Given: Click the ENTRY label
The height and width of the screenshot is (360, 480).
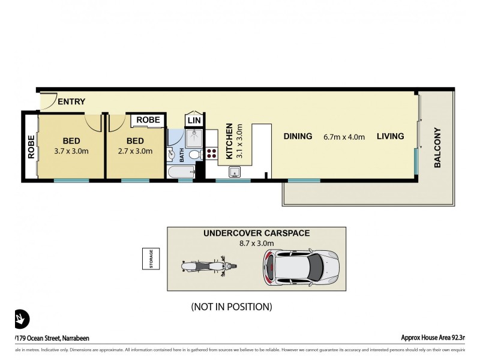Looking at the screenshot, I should [71, 101].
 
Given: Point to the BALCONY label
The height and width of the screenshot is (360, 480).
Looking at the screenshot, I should [437, 147].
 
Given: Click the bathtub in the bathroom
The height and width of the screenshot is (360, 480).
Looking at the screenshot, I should [182, 172].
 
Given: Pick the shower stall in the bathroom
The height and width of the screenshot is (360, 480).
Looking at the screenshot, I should [194, 139].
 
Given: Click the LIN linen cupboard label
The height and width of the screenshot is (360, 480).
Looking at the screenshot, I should [194, 121].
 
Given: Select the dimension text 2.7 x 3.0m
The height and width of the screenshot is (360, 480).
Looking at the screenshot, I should [135, 151].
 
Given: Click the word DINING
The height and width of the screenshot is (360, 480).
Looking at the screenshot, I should [298, 136].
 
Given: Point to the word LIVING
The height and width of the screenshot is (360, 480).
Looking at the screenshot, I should [390, 136].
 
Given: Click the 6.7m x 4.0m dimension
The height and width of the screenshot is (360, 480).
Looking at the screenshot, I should [344, 136].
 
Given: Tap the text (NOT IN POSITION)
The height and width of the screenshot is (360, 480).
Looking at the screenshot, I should [232, 307].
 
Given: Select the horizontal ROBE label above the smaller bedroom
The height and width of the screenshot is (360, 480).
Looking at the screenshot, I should [148, 120].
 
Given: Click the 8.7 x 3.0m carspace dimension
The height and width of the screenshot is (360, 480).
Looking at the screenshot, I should [256, 243].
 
